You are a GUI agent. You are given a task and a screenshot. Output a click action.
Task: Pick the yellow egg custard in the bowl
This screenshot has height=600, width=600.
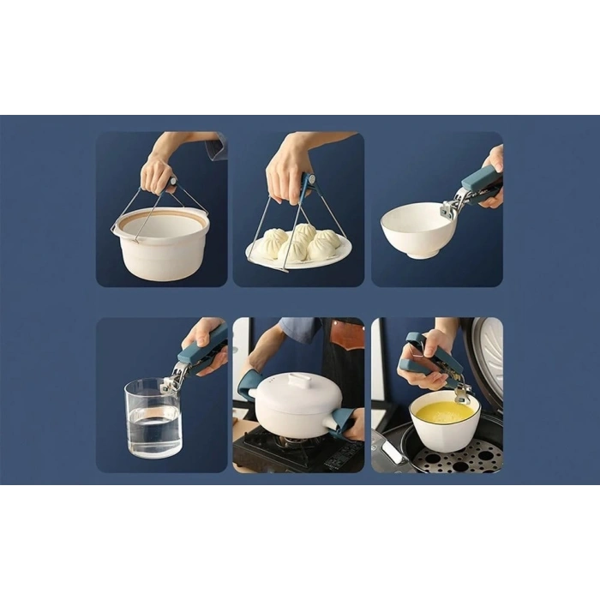point(443,412)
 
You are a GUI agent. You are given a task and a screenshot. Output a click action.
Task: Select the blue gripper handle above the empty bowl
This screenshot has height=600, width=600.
point(481,183)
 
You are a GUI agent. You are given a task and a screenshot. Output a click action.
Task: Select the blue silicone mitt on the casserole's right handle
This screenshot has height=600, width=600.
point(342,421)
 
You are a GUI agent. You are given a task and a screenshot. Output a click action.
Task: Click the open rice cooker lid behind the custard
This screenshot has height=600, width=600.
point(484,360)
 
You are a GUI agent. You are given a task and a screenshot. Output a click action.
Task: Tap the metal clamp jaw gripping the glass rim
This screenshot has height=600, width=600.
point(174,378)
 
